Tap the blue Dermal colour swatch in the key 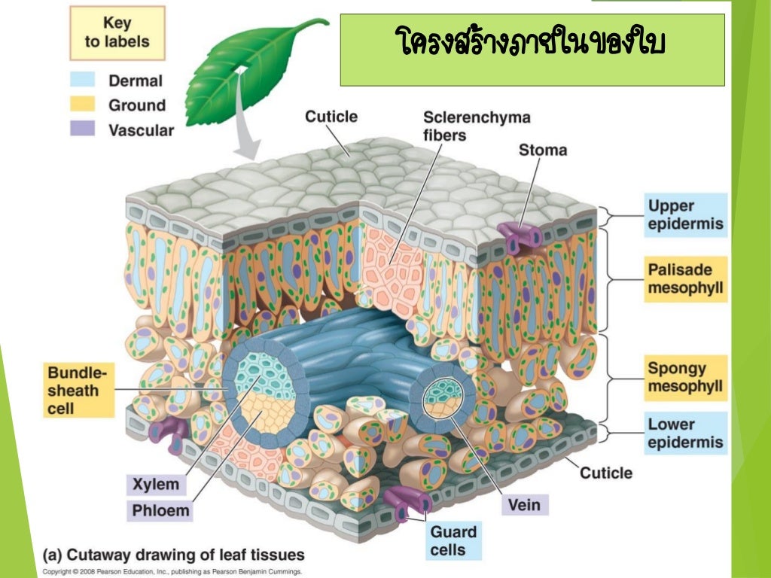coord(83,80)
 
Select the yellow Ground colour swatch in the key coord(83,104)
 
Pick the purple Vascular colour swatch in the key coord(83,129)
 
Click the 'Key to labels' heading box coord(117,33)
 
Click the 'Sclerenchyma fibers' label coord(477,126)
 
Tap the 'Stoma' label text coord(542,150)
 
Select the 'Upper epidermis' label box coord(685,214)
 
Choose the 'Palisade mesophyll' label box coord(685,279)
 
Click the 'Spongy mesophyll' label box coord(685,378)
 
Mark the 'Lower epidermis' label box coord(685,433)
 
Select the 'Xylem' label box coord(156,485)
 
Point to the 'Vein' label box coord(525,503)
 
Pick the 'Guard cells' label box coord(453,541)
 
